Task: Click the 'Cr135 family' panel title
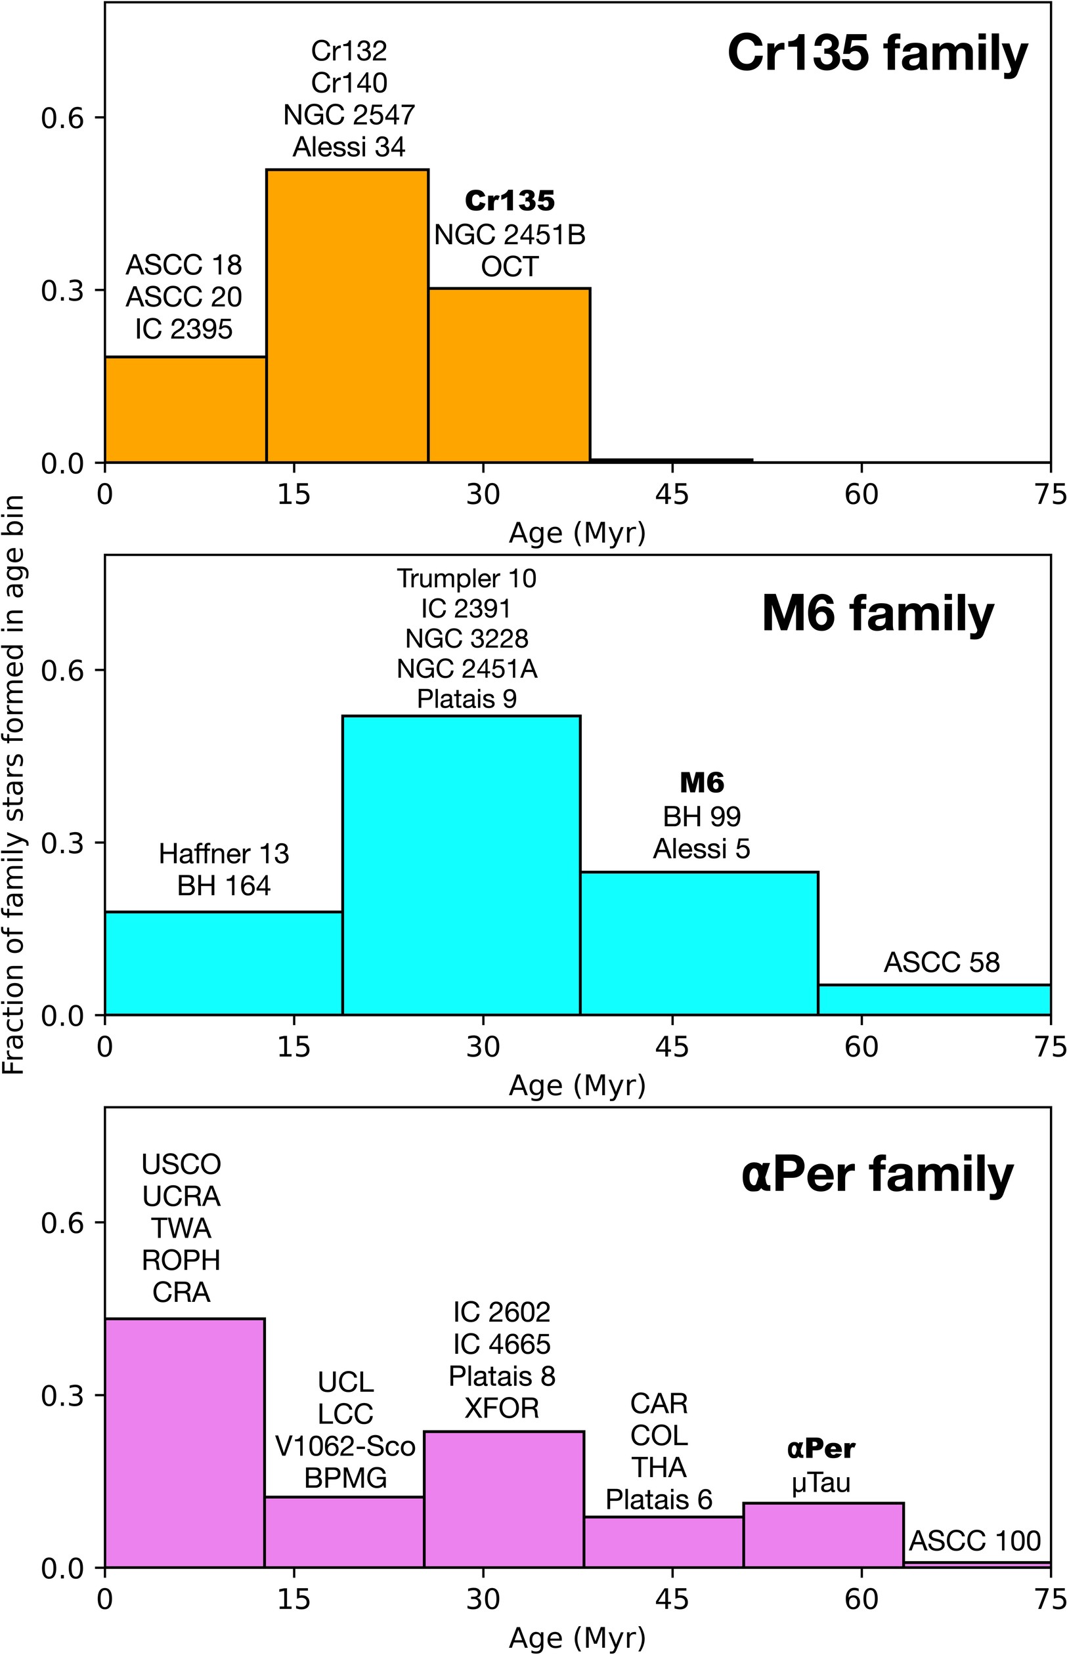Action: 877,54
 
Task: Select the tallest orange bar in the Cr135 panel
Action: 347,316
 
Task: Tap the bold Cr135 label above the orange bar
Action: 510,201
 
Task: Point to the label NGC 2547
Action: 349,115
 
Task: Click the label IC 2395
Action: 184,329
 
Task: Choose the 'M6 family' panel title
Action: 877,614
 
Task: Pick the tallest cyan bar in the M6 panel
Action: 461,866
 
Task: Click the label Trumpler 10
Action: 466,579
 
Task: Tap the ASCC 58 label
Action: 942,963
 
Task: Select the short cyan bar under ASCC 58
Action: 934,1000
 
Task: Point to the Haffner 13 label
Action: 224,854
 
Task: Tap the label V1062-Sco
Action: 345,1446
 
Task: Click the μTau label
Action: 820,1482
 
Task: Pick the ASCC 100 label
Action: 974,1541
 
